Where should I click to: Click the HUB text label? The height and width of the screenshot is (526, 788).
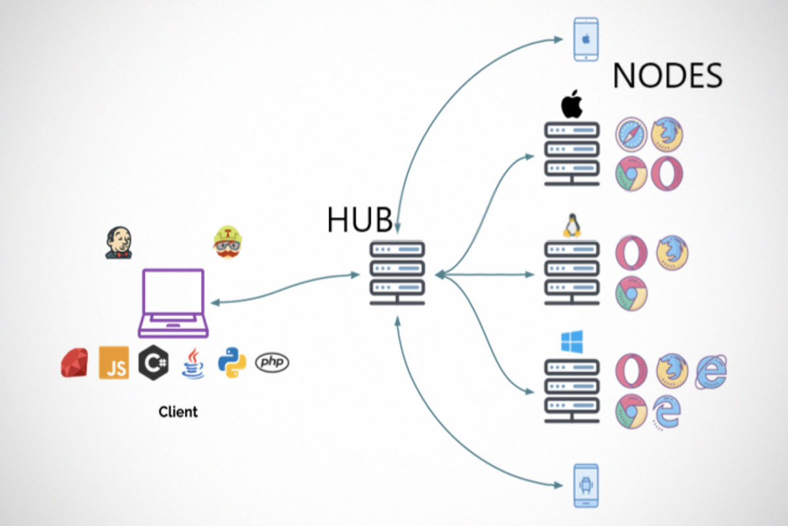[x=360, y=221]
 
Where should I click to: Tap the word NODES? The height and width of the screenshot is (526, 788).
[x=667, y=76]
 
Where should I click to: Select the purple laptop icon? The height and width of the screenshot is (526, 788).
[x=173, y=303]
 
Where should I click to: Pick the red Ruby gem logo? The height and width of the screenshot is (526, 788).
[x=74, y=362]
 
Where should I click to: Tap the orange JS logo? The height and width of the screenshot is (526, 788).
[x=114, y=362]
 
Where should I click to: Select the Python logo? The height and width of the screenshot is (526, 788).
[x=232, y=362]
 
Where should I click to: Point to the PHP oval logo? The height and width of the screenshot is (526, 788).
[x=272, y=362]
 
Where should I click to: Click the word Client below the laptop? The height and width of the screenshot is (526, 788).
[x=178, y=412]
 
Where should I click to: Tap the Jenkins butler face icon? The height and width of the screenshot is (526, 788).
[x=118, y=243]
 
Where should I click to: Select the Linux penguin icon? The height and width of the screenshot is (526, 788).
[x=571, y=226]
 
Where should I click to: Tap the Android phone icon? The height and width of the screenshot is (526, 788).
[x=586, y=485]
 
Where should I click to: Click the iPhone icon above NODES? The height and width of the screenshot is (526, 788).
[x=586, y=39]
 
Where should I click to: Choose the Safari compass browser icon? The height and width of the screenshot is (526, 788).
[x=631, y=134]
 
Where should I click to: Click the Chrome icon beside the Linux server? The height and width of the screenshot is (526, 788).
[x=631, y=293]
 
